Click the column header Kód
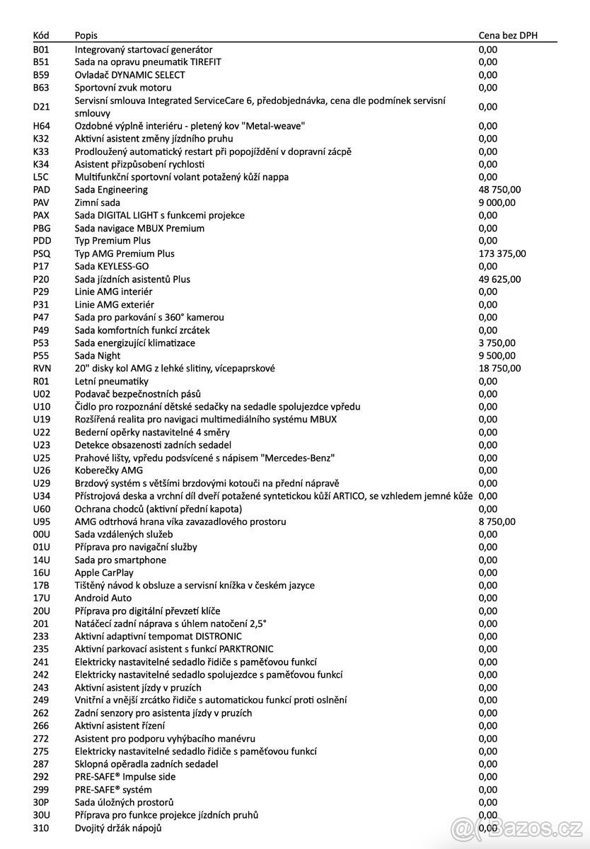40,35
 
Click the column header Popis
86,35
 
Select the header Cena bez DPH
508,35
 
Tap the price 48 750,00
499,190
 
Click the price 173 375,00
502,253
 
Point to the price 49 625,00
499,279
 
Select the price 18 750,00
499,368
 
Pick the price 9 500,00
497,355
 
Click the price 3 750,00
497,342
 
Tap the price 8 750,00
497,521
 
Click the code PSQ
41,253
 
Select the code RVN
42,368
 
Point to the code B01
41,50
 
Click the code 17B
41,585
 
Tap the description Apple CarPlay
104,572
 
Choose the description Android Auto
103,598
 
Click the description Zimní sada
98,202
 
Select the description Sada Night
98,355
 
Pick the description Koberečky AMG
109,470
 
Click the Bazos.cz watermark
520,827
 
